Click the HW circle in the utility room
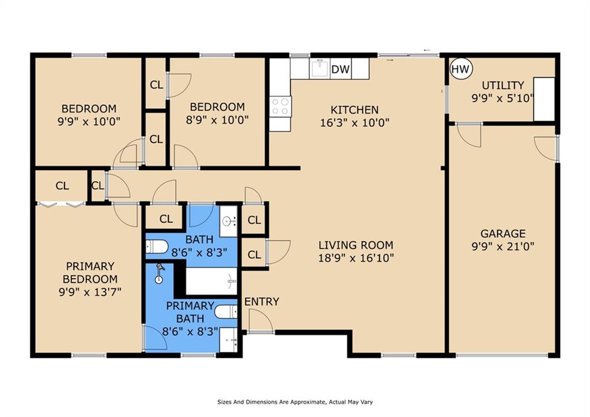click(x=460, y=69)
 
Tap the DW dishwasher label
click(x=341, y=69)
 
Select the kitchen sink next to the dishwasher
click(x=320, y=69)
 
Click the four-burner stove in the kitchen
click(x=281, y=106)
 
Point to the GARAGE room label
click(x=503, y=234)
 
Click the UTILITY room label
click(x=503, y=85)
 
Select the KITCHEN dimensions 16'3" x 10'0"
click(x=354, y=123)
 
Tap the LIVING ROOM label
click(x=356, y=245)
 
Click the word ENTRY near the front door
click(x=262, y=302)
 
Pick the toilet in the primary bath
click(x=226, y=312)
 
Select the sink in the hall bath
click(x=228, y=221)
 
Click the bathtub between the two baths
click(x=211, y=281)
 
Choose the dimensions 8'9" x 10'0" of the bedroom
click(x=217, y=120)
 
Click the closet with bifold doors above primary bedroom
click(x=62, y=186)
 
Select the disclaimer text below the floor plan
click(x=295, y=402)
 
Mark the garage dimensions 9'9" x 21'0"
click(x=503, y=247)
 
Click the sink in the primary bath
click(x=228, y=340)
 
